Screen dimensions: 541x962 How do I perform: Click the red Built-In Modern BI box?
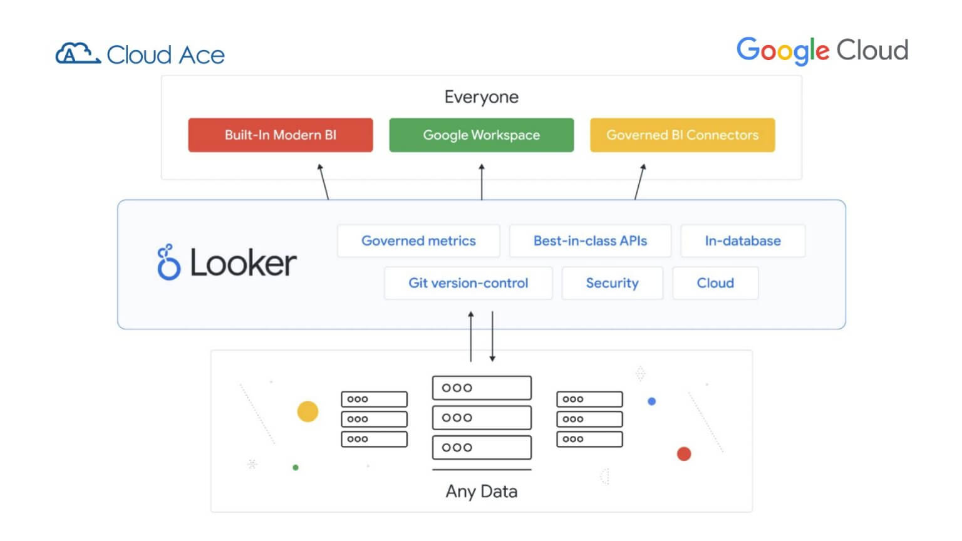pos(280,135)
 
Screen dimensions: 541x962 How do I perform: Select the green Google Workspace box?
pos(481,135)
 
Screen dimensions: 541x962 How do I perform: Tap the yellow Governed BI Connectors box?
pos(682,135)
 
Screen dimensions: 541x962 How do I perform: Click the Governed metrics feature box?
pos(418,241)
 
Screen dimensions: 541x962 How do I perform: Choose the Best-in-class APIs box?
pos(590,241)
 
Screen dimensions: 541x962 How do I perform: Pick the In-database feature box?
pos(742,241)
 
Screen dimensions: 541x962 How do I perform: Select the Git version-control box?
pos(468,283)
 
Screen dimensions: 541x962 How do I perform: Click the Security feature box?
pos(612,283)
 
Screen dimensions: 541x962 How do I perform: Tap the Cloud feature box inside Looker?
pos(715,283)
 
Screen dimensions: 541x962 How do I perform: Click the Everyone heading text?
pos(481,97)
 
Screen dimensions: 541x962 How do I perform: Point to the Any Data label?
pos(481,492)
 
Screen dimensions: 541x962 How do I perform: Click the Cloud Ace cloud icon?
pos(77,54)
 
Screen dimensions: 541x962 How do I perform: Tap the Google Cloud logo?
pos(822,50)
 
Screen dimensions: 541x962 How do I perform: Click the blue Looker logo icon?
pos(168,262)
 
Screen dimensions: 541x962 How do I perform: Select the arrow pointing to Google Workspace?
pos(482,182)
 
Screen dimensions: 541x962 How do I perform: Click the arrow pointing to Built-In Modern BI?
pos(323,182)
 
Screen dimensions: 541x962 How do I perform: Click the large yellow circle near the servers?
pos(308,411)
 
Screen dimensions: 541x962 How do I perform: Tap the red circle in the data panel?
pos(684,454)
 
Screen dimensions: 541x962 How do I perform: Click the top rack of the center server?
pos(482,388)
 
